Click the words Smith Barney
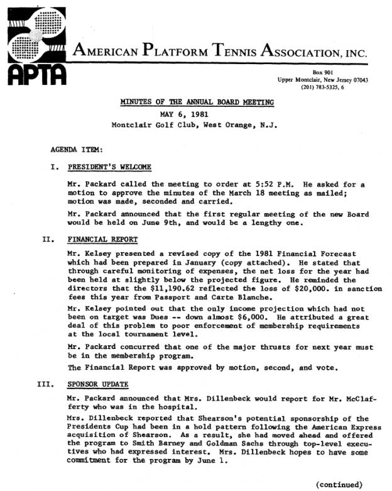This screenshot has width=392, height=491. (153, 442)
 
